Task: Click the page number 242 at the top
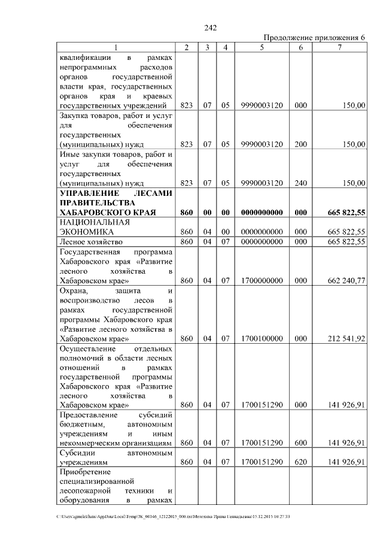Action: tap(210, 28)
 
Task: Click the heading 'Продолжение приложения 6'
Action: tap(314, 38)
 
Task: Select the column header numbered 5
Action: tap(262, 47)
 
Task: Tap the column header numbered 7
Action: tap(339, 47)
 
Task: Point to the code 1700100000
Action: tap(262, 338)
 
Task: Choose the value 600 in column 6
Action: tap(300, 443)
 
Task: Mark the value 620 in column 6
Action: tap(300, 462)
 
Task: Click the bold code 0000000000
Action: tap(262, 213)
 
